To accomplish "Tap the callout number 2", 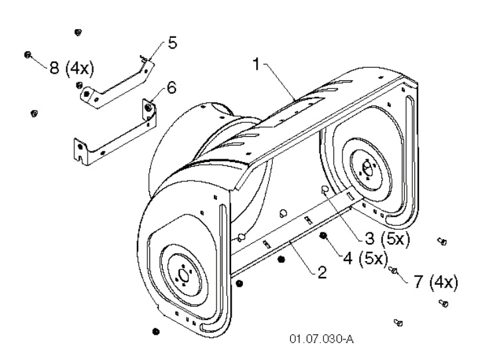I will [321, 273].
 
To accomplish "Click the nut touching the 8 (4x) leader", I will [29, 55].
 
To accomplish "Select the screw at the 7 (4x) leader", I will [394, 270].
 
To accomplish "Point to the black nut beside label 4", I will [323, 236].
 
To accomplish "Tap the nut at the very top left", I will [78, 32].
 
